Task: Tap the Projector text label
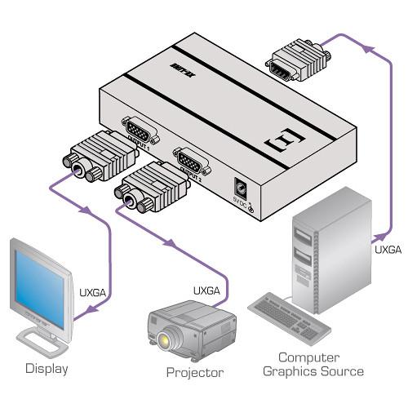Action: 194,373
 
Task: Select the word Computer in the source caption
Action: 308,357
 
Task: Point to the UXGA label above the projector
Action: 206,290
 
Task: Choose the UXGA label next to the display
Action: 93,290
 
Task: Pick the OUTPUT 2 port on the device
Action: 190,158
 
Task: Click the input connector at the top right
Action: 298,63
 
